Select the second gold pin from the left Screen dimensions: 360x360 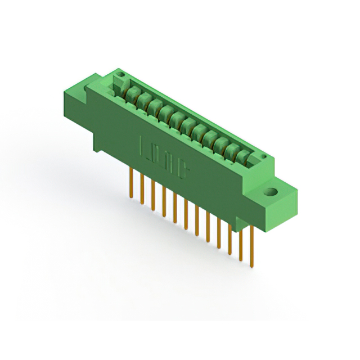(142, 188)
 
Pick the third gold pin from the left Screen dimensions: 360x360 (153, 193)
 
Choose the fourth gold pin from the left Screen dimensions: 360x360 (164, 199)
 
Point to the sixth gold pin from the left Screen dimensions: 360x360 (186, 211)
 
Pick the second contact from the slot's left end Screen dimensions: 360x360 (144, 100)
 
